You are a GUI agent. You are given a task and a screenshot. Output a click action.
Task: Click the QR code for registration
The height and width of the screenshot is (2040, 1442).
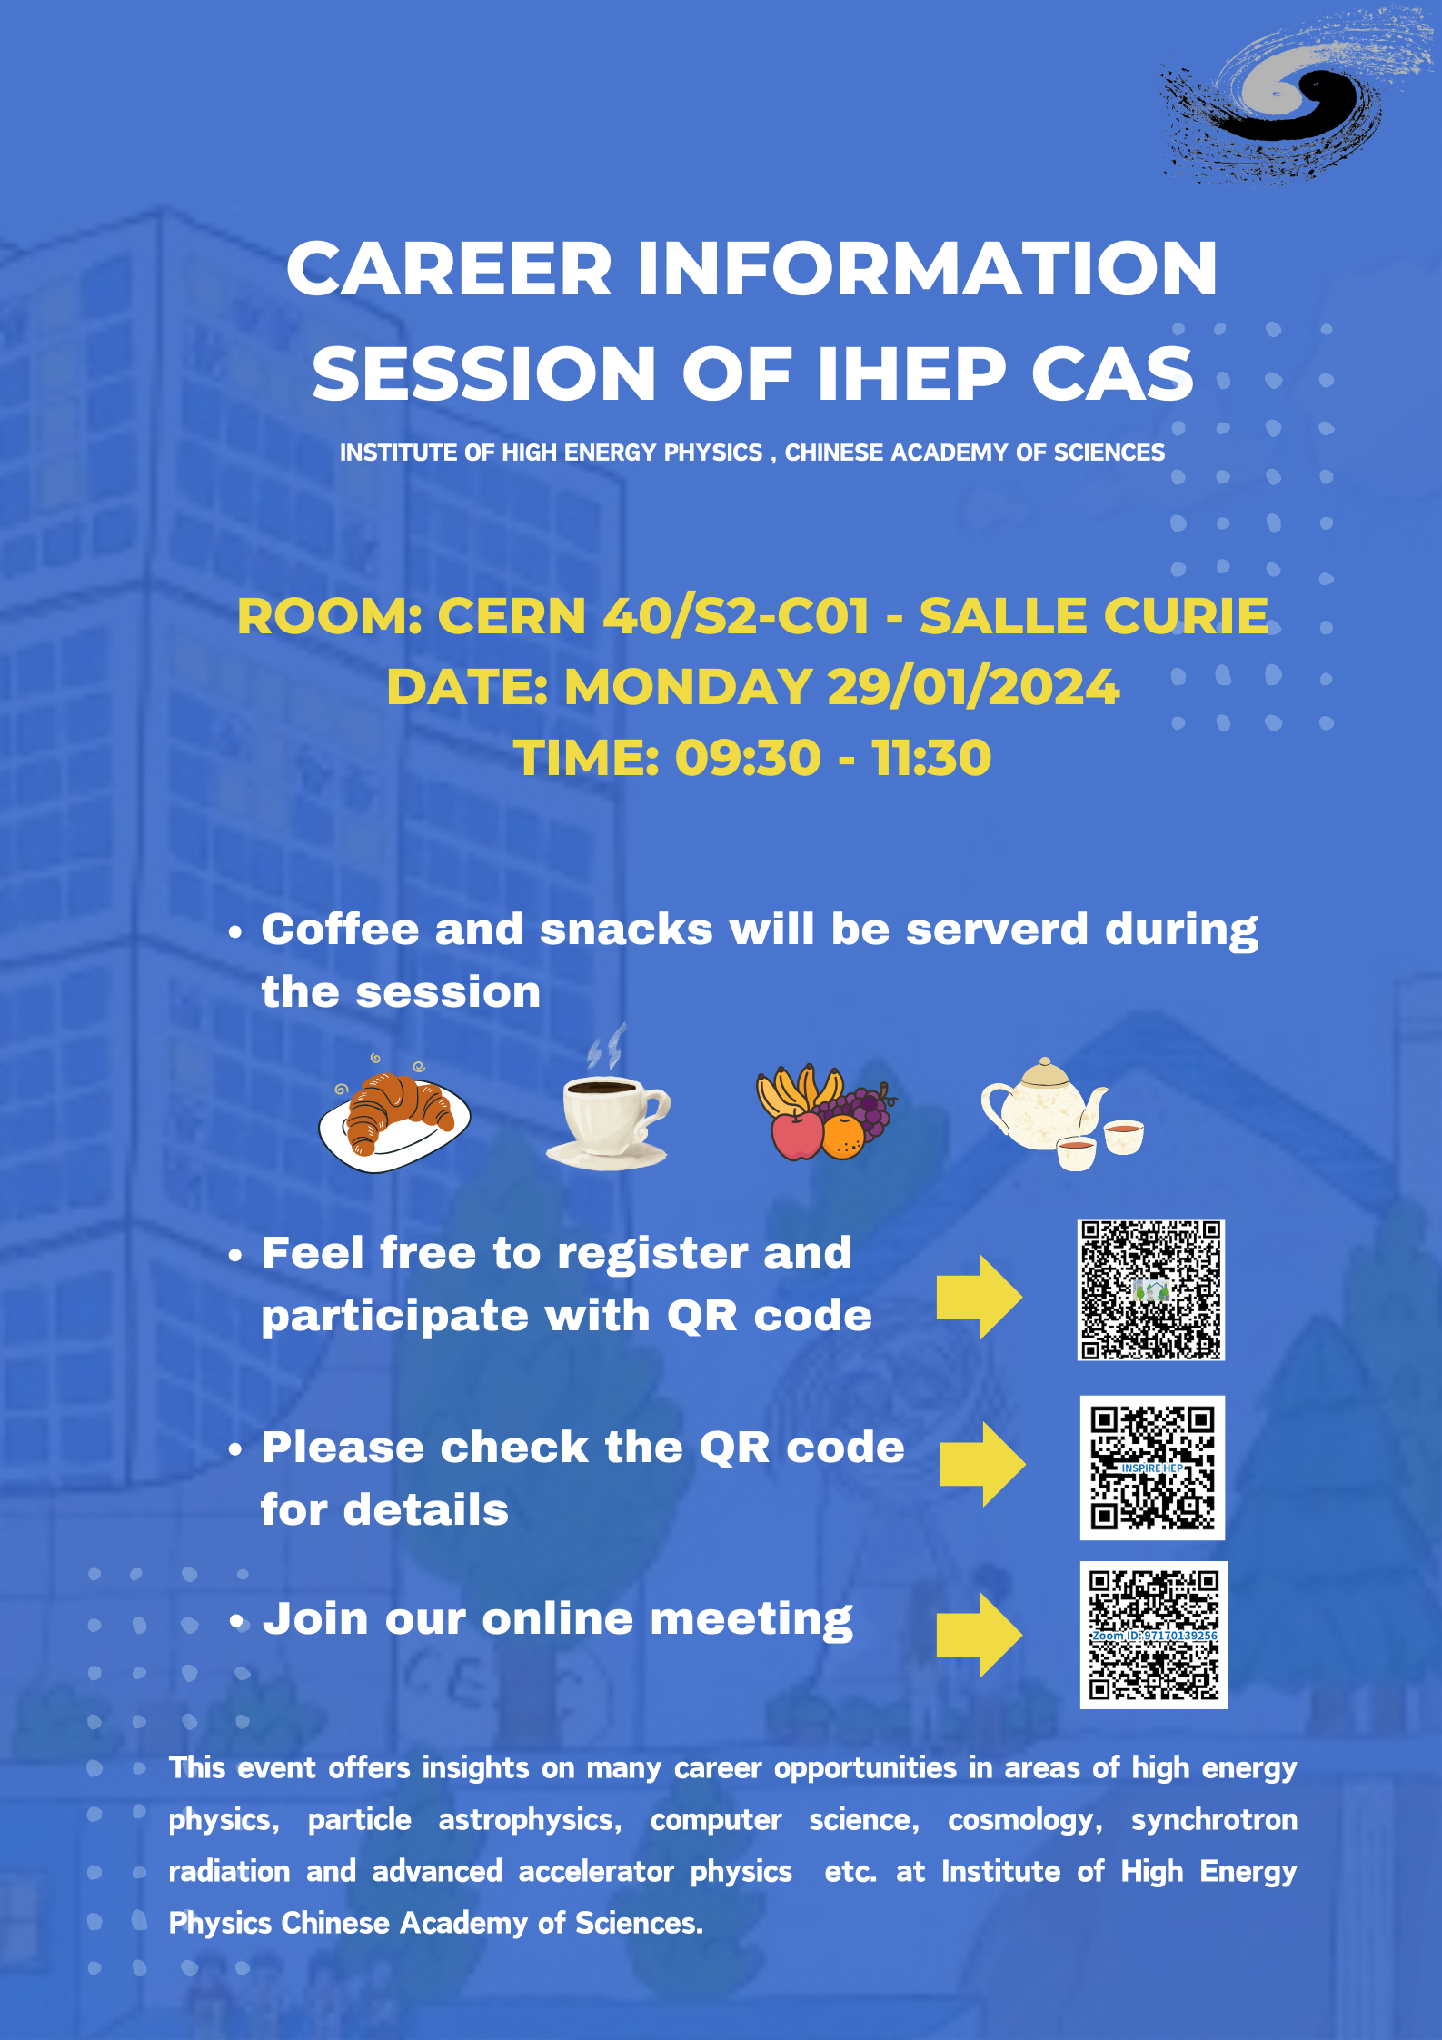pyautogui.click(x=1151, y=1290)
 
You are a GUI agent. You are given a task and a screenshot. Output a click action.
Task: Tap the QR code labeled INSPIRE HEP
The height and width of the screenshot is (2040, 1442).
pyautogui.click(x=1152, y=1468)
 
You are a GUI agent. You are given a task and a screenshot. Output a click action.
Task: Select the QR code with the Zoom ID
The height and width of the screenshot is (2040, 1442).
pyautogui.click(x=1154, y=1635)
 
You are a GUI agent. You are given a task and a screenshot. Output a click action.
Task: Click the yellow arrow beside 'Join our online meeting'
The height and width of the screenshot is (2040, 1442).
pyautogui.click(x=980, y=1634)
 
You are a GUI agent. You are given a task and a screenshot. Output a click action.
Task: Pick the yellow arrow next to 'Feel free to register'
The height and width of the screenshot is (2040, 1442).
pyautogui.click(x=980, y=1298)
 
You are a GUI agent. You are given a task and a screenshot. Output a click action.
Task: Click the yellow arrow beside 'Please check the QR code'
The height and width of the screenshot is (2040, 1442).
pyautogui.click(x=982, y=1465)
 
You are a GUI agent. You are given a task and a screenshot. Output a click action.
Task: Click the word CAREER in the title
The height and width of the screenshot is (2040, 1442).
pyautogui.click(x=450, y=269)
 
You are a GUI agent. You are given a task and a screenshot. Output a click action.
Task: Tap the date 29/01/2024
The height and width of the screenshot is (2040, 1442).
pyautogui.click(x=973, y=687)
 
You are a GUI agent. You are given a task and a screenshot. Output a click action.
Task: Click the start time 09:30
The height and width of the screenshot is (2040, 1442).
pyautogui.click(x=748, y=758)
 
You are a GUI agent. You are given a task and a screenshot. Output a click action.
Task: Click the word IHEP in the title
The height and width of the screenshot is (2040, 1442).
pyautogui.click(x=911, y=373)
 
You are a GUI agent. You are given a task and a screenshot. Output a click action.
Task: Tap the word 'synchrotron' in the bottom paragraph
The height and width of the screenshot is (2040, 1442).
pyautogui.click(x=1214, y=1820)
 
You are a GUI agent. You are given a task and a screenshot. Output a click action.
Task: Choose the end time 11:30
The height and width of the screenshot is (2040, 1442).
pyautogui.click(x=932, y=758)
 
